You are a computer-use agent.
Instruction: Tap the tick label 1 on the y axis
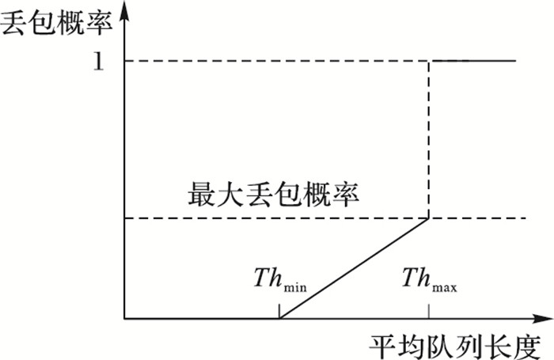click(x=98, y=62)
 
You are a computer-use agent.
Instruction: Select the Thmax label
click(x=430, y=279)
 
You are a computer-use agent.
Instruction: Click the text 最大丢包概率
click(x=273, y=194)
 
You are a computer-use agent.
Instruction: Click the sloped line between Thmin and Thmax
click(x=354, y=269)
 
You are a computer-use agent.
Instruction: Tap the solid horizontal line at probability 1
click(x=475, y=61)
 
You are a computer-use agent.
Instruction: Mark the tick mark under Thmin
click(x=279, y=312)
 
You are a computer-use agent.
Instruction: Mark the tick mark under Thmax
click(x=429, y=312)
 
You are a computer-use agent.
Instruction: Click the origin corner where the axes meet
click(x=126, y=319)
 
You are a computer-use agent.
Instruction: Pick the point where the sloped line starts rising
click(x=279, y=319)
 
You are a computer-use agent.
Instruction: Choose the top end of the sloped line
click(x=429, y=219)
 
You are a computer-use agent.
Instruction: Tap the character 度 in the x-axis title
click(x=524, y=345)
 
